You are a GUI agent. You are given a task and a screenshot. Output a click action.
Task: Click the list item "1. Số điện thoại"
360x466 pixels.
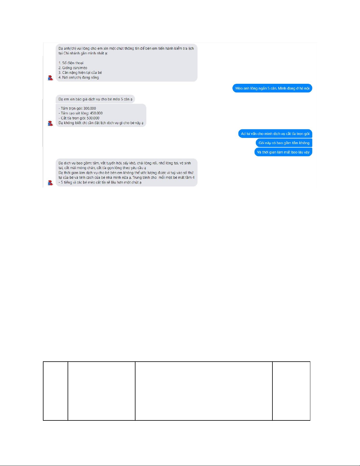[x=71, y=63]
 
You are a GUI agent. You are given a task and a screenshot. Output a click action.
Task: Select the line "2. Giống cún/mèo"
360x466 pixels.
[x=73, y=68]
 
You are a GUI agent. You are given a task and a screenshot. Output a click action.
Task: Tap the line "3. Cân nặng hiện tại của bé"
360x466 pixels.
[x=80, y=73]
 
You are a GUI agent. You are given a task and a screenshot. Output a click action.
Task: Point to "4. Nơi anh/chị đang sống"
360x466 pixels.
[x=78, y=78]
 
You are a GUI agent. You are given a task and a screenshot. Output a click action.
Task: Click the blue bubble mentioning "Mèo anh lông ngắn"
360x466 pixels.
[x=272, y=88]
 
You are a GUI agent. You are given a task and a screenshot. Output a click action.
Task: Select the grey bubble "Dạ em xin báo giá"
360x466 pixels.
[x=95, y=99]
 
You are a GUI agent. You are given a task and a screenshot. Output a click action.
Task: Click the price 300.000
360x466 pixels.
[x=90, y=108]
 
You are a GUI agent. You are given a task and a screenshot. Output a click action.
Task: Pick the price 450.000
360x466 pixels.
[x=96, y=113]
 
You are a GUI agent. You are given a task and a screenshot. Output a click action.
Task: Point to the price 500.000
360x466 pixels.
[x=93, y=118]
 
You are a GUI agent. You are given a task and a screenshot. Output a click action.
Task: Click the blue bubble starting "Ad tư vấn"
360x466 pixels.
[x=275, y=134]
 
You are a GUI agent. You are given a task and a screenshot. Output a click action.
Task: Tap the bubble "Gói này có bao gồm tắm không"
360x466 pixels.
[x=284, y=143]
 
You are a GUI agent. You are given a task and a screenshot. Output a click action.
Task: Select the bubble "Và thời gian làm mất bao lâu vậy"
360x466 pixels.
[x=283, y=152]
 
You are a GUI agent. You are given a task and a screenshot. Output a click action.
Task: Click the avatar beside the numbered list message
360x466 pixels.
[x=51, y=78]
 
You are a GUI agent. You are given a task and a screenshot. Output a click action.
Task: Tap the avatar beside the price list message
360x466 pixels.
[x=51, y=123]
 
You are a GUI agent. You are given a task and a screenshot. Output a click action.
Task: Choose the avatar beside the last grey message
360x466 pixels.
[x=51, y=183]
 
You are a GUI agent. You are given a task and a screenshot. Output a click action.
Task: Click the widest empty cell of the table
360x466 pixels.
[x=204, y=391]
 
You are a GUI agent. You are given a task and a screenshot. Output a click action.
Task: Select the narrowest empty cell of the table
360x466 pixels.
[x=56, y=391]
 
